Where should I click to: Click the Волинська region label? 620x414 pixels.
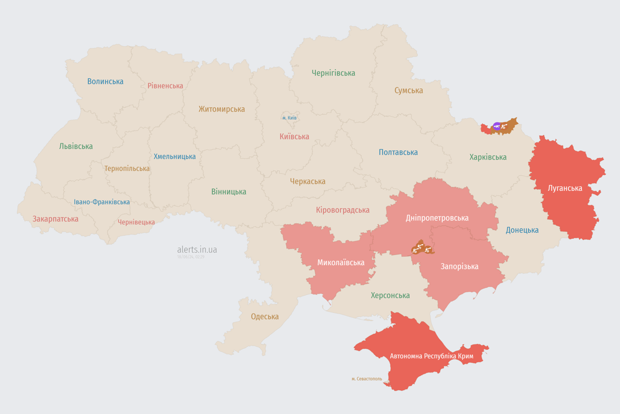click(105, 81)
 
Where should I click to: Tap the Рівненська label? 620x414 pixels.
click(165, 86)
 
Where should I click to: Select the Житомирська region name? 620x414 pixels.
click(221, 109)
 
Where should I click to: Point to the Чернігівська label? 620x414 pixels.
click(333, 73)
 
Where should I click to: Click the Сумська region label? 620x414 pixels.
click(408, 91)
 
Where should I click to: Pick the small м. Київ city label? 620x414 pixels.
click(290, 118)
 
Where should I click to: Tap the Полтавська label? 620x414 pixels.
click(398, 152)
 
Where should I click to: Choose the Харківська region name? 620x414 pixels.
click(488, 157)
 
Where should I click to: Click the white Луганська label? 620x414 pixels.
click(565, 188)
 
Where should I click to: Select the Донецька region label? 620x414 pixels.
click(522, 230)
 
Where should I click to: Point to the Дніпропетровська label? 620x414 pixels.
click(437, 218)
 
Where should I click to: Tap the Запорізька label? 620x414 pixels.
click(459, 266)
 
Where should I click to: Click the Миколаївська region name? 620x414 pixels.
click(341, 263)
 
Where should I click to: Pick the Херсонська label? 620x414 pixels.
click(390, 295)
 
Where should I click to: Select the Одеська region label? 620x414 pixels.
click(265, 316)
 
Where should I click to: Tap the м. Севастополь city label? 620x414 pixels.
click(367, 379)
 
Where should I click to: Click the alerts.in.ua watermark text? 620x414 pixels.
click(197, 250)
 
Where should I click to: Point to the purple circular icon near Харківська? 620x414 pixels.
click(497, 127)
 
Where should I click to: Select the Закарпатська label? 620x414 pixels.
click(55, 219)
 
